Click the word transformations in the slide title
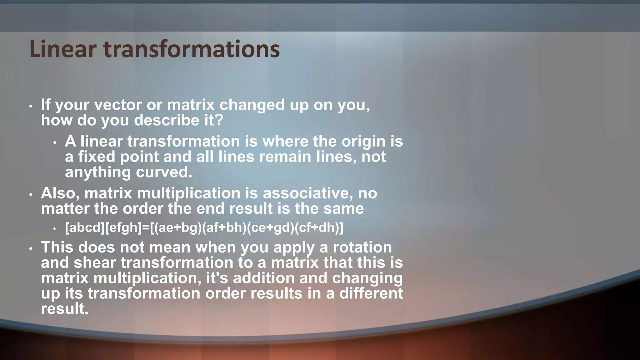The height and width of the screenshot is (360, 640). click(191, 49)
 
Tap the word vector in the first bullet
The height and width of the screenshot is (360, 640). click(118, 105)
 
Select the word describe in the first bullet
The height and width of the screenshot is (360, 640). click(167, 121)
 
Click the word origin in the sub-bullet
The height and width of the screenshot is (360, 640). click(363, 142)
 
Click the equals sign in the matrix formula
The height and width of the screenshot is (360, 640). click(146, 228)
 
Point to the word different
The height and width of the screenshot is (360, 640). click(371, 293)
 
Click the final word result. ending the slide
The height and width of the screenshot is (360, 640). click(65, 309)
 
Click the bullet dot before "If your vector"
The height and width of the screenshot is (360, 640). click(31, 107)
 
